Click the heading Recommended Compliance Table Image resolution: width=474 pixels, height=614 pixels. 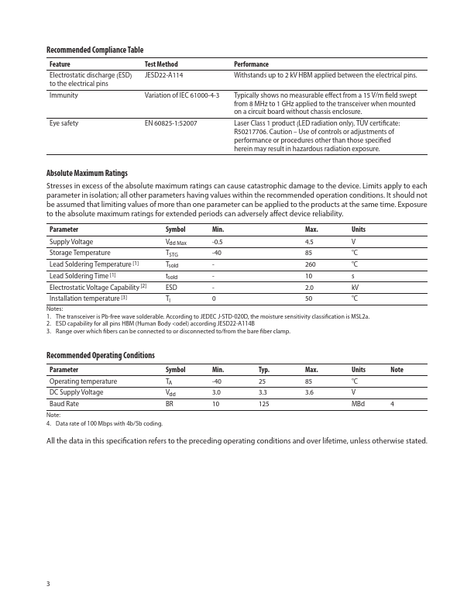pyautogui.click(x=94, y=50)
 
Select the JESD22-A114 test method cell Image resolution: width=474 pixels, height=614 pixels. pyautogui.click(x=164, y=75)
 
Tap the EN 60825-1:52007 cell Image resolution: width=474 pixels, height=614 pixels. pyautogui.click(x=170, y=123)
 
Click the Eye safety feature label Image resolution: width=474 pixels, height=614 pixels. pyautogui.click(x=64, y=123)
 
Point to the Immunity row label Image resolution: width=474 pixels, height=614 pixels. pyautogui.click(x=64, y=95)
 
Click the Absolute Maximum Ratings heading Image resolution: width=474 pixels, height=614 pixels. pyautogui.click(x=87, y=173)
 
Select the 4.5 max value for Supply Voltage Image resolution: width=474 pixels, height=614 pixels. pyautogui.click(x=309, y=242)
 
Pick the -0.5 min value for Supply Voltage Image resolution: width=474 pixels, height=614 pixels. pyautogui.click(x=218, y=242)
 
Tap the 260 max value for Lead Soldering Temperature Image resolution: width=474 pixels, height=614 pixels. pyautogui.click(x=310, y=264)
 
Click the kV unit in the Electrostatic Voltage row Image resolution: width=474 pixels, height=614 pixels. pyautogui.click(x=355, y=287)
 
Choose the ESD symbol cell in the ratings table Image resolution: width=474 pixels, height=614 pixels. pyautogui.click(x=171, y=287)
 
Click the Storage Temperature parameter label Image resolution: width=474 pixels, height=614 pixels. pyautogui.click(x=80, y=253)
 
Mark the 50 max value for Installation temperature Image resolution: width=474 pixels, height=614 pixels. pyautogui.click(x=309, y=298)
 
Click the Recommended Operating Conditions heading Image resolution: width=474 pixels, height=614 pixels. pyautogui.click(x=101, y=355)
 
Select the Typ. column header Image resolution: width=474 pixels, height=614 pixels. pyautogui.click(x=265, y=370)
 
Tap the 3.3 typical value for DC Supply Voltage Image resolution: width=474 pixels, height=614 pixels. pyautogui.click(x=263, y=392)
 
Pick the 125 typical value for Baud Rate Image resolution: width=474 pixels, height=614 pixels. pyautogui.click(x=264, y=404)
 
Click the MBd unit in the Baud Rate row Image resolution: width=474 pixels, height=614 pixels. pyautogui.click(x=358, y=404)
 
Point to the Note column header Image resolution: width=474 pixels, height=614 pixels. pyautogui.click(x=397, y=370)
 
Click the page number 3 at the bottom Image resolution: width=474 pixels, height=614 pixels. pyautogui.click(x=48, y=583)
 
